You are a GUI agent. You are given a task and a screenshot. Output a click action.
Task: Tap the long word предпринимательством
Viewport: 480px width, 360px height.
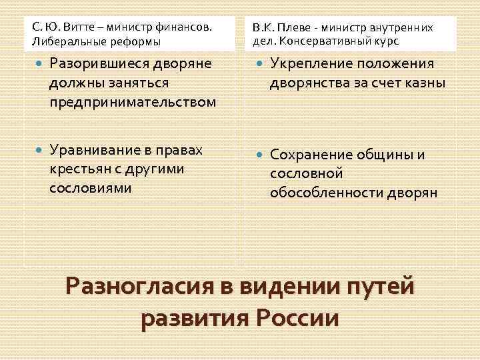click(x=133, y=102)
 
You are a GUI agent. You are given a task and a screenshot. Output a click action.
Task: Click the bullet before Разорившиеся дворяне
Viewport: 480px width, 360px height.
click(x=35, y=64)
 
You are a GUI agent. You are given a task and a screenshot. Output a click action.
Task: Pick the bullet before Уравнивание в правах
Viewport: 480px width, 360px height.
click(x=35, y=150)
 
